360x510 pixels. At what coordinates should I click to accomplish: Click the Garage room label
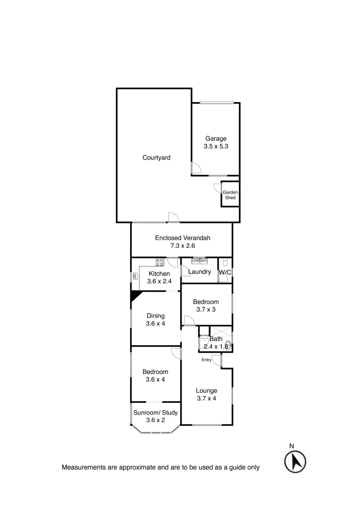click(216, 138)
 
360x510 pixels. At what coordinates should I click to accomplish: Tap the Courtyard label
click(156, 158)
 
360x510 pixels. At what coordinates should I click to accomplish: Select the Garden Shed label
click(230, 195)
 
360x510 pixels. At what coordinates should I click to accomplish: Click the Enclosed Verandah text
click(182, 238)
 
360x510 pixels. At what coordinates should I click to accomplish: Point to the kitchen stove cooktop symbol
click(160, 262)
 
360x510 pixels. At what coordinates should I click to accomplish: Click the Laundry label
click(199, 272)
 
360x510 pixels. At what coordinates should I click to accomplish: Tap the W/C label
click(224, 272)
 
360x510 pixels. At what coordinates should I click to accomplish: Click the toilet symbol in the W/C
click(225, 262)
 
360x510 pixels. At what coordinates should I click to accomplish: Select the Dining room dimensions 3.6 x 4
click(155, 323)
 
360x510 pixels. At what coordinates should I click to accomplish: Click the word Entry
click(206, 360)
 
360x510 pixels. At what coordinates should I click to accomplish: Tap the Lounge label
click(207, 391)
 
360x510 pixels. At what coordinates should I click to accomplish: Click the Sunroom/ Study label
click(155, 413)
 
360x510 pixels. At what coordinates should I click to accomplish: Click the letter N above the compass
click(292, 445)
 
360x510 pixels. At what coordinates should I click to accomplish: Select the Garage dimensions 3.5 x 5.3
click(216, 146)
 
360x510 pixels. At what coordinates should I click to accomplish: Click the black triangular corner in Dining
click(135, 296)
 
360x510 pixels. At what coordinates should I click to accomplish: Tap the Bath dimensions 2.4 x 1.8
click(216, 347)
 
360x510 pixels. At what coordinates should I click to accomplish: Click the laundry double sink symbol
click(199, 261)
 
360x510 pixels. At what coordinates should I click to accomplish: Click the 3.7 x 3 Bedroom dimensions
click(206, 310)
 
